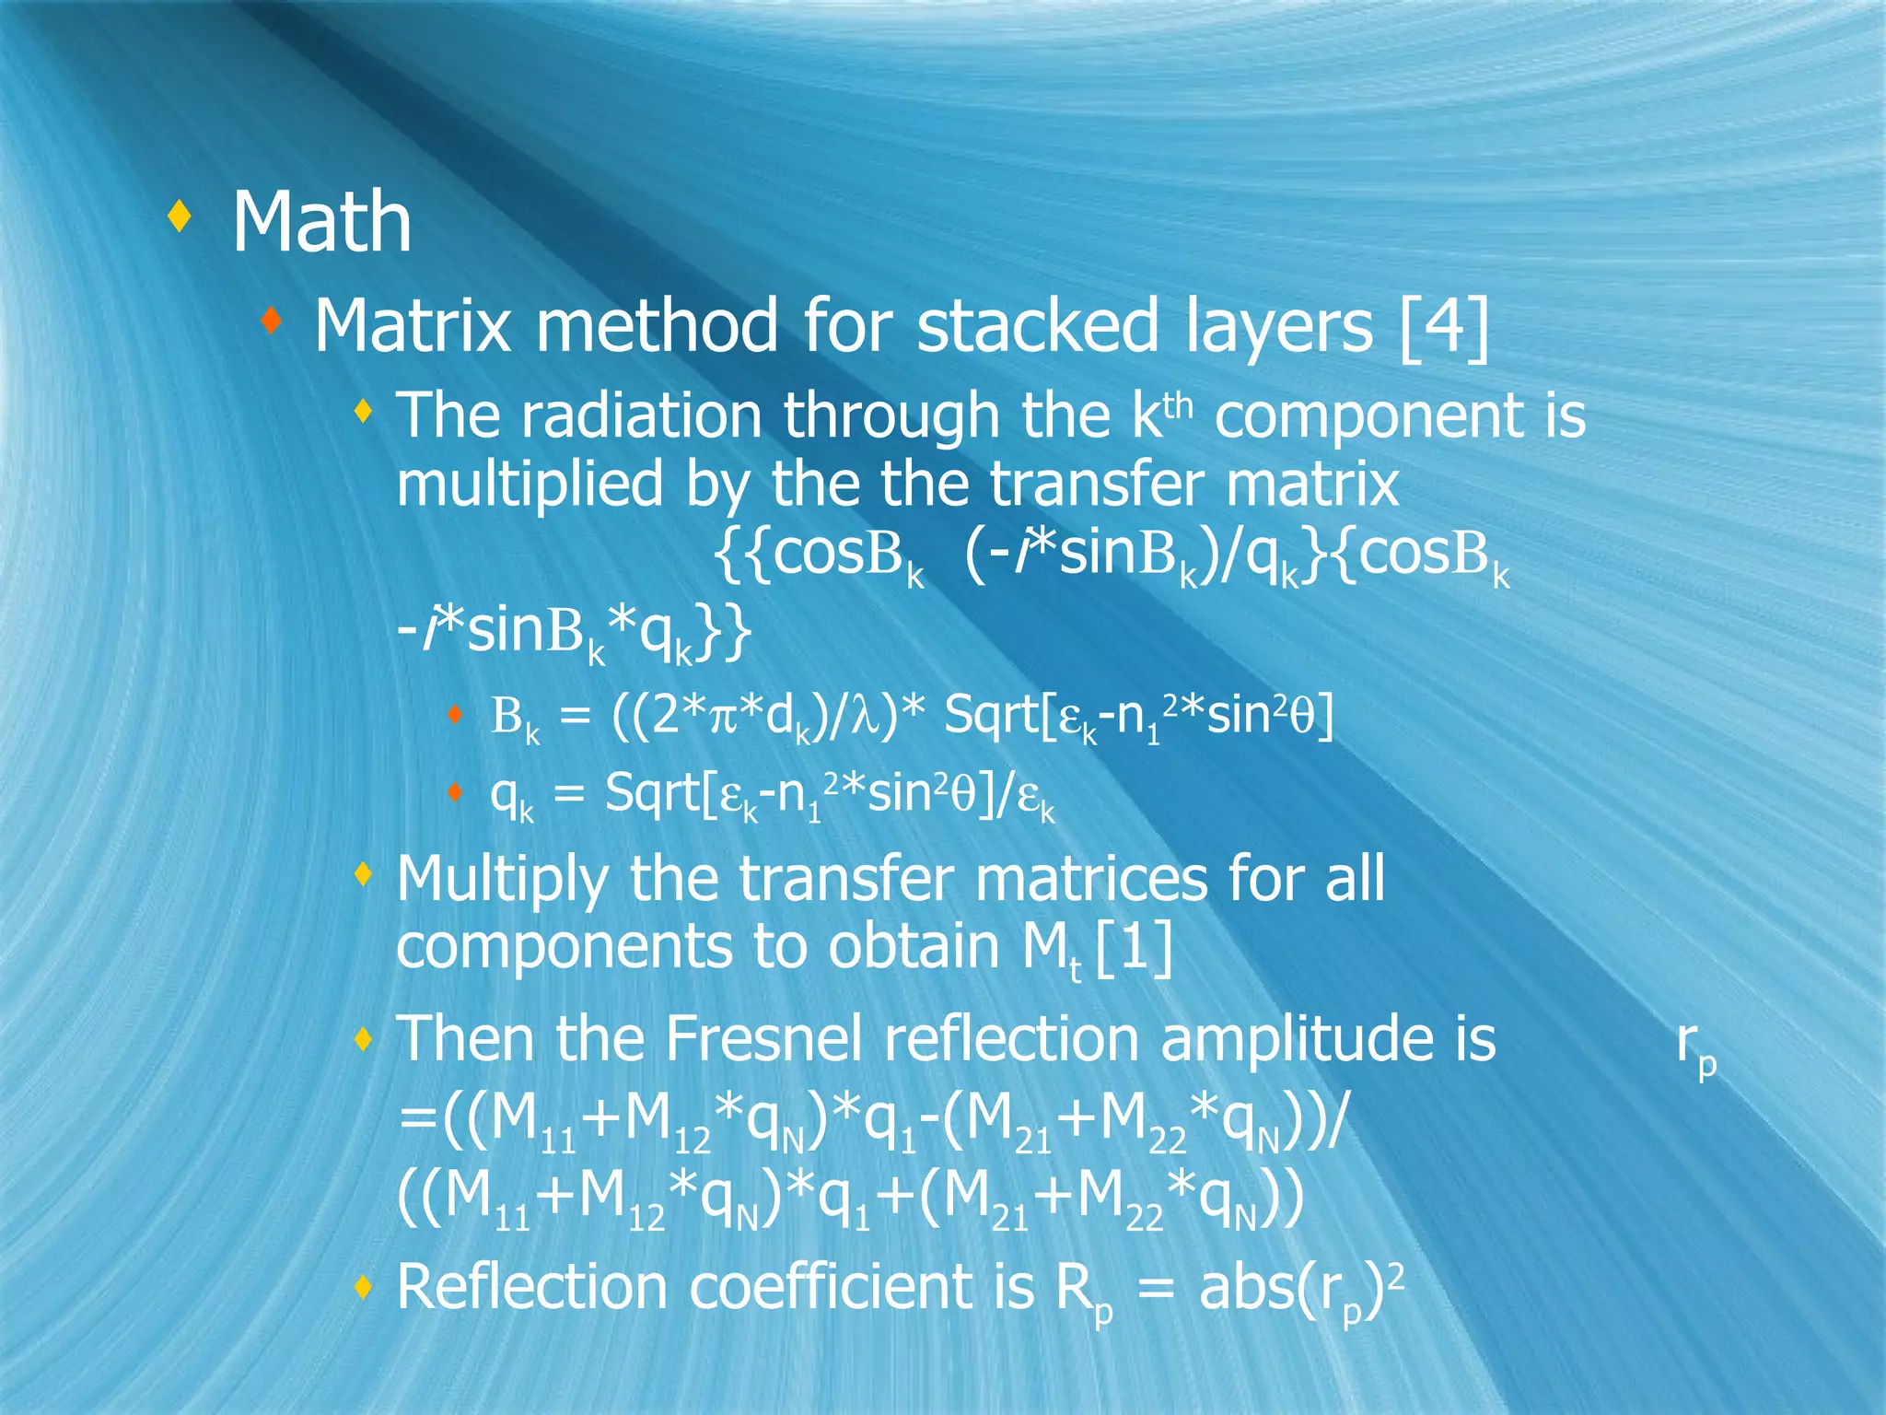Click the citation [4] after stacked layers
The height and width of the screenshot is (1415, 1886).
pos(1442,326)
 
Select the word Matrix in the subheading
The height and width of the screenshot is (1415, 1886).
pos(412,326)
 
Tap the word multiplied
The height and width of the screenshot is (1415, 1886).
pos(530,485)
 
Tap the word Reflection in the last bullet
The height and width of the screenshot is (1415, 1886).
pos(531,1287)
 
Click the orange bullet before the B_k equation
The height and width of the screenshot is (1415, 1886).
pos(454,713)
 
